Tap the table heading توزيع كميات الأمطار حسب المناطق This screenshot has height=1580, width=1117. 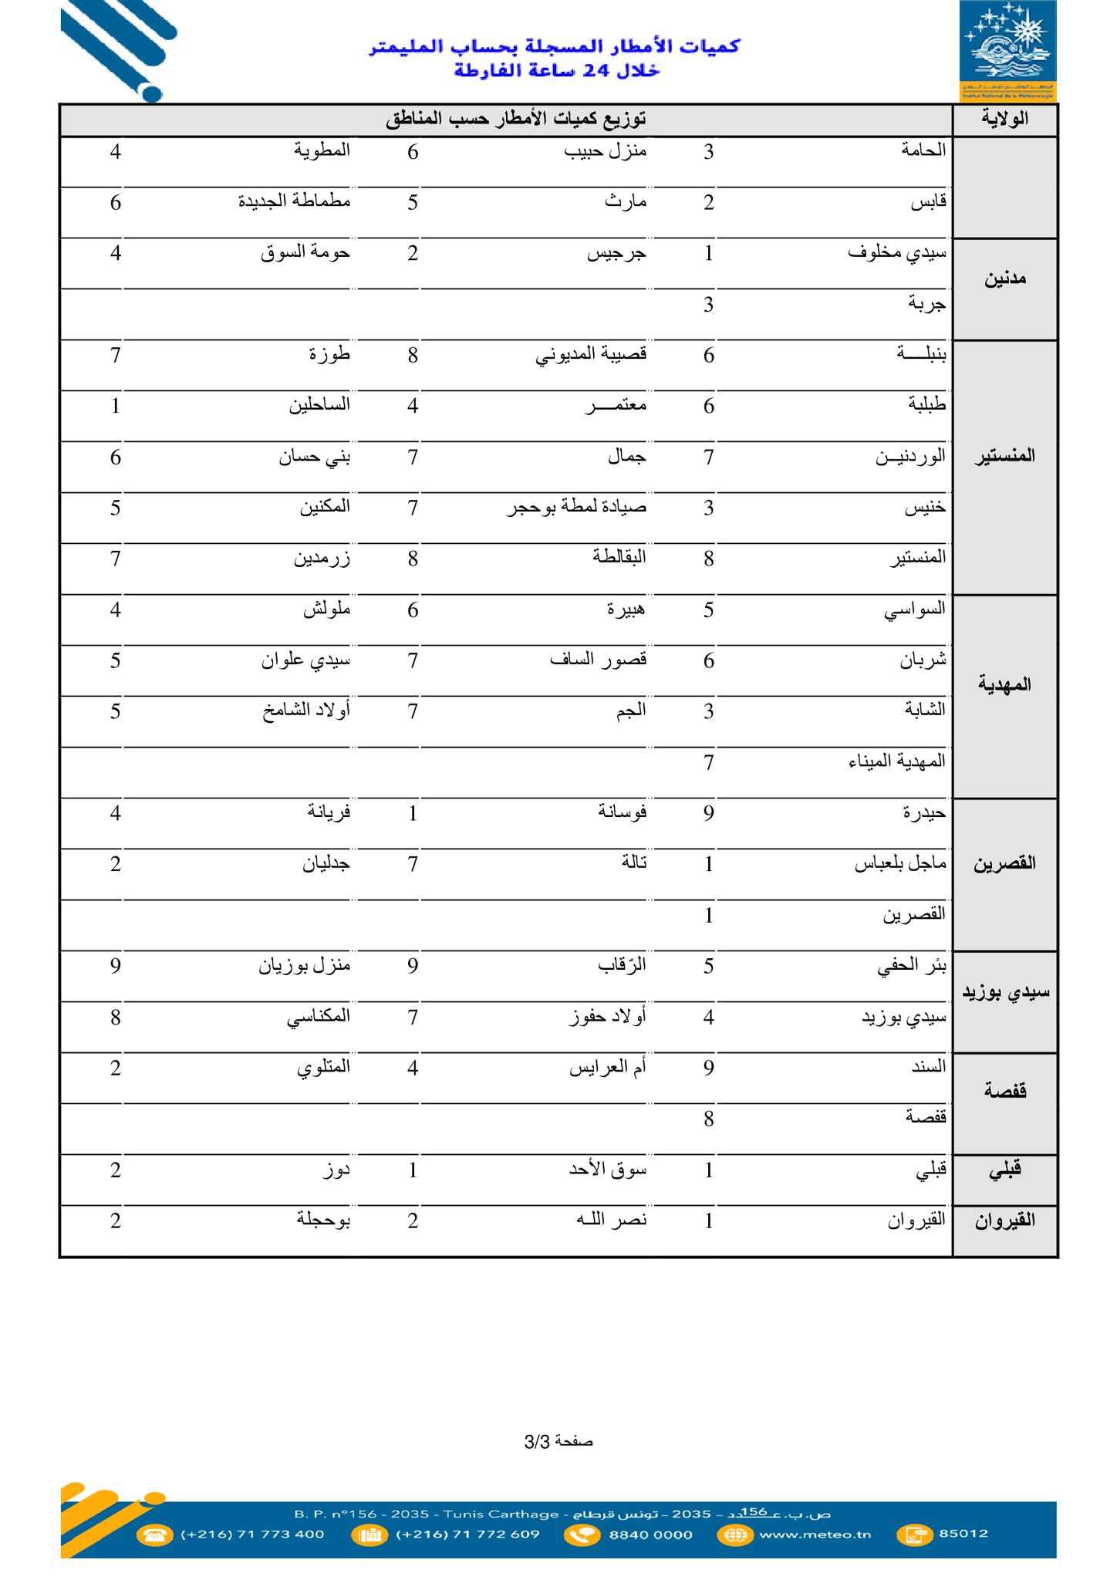click(x=515, y=119)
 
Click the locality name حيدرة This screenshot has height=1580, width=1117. click(x=924, y=812)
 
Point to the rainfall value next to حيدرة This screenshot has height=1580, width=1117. click(x=709, y=813)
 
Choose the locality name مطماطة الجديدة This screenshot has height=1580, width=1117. click(x=294, y=202)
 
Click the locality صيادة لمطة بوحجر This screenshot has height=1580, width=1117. click(x=576, y=508)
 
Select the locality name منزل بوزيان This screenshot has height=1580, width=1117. click(x=304, y=966)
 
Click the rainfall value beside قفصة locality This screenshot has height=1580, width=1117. click(x=709, y=1119)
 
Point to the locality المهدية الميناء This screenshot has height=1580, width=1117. click(x=896, y=761)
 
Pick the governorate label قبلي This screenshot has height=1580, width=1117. click(x=1004, y=1170)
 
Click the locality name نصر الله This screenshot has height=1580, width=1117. click(x=612, y=1220)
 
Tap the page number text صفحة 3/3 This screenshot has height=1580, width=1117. click(x=558, y=1441)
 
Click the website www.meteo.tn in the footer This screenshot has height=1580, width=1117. click(x=815, y=1534)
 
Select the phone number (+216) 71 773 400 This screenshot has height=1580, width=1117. click(x=252, y=1534)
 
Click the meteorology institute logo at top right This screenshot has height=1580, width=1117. click(x=1007, y=50)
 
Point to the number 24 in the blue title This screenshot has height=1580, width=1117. click(x=596, y=71)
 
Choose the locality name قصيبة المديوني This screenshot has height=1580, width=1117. click(x=591, y=355)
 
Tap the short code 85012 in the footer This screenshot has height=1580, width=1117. click(x=963, y=1534)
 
